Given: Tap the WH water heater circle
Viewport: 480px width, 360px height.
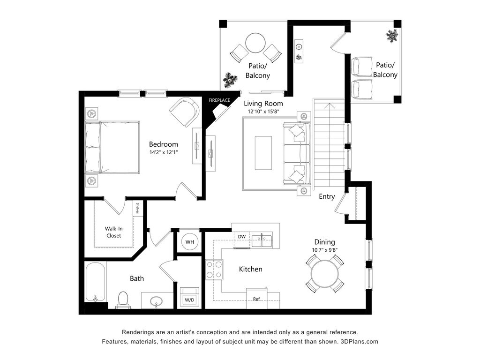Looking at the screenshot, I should [190, 242].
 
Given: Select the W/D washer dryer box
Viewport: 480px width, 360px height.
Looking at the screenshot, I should [189, 298].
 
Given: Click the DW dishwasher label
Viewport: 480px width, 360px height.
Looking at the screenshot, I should [242, 236].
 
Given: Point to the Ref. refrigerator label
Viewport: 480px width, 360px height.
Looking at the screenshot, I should [256, 299].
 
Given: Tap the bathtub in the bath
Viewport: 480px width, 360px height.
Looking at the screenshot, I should [96, 282].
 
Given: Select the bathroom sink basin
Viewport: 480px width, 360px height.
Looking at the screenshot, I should [157, 300].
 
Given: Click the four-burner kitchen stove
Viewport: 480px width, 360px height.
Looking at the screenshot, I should [214, 269].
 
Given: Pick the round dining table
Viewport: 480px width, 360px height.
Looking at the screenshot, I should [325, 274].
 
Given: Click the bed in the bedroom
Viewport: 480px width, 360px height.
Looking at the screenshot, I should [112, 147].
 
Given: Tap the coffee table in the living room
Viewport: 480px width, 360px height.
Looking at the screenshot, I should [263, 153].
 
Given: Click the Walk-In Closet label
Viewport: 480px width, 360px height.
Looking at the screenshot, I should [113, 232].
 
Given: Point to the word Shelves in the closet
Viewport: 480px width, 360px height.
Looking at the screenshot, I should [138, 208].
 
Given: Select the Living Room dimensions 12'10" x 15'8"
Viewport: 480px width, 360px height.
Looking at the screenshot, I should [263, 112].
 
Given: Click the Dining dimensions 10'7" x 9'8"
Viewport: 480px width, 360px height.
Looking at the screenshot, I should [324, 250].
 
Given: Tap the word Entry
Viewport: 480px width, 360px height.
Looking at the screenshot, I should [327, 196].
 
